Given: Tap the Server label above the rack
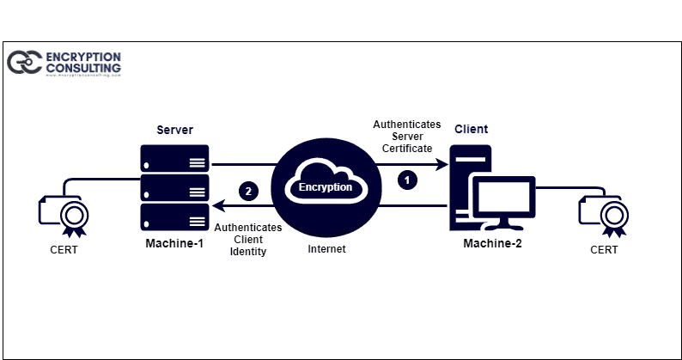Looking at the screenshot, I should point(174,130).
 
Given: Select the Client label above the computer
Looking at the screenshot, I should point(471,130).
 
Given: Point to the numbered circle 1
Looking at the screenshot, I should point(409,180).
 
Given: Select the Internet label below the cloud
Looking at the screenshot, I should point(326,249).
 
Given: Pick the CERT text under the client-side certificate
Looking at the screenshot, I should point(603,250).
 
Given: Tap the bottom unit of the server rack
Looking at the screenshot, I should point(174,215).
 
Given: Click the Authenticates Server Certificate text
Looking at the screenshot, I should point(407,136).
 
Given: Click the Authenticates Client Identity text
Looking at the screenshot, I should point(248,240).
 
